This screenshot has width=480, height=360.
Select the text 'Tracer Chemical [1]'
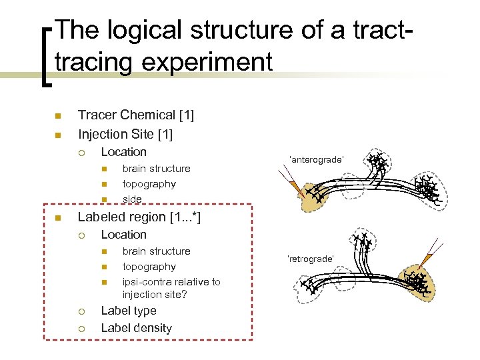(136, 115)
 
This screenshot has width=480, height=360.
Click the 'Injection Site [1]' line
(125, 135)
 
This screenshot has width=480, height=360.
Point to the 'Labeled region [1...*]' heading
(139, 217)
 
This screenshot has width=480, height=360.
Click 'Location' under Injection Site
(123, 152)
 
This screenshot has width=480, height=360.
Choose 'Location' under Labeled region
(123, 235)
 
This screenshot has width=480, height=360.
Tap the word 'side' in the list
(132, 199)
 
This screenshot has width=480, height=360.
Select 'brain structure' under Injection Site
(156, 169)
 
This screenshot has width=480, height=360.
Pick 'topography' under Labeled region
(149, 267)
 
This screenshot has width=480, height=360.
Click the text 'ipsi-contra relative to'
(171, 282)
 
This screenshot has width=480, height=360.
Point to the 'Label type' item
(128, 311)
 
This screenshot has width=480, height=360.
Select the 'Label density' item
(136, 328)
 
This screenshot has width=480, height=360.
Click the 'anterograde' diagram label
(316, 159)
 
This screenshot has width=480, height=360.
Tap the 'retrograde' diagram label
(310, 258)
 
